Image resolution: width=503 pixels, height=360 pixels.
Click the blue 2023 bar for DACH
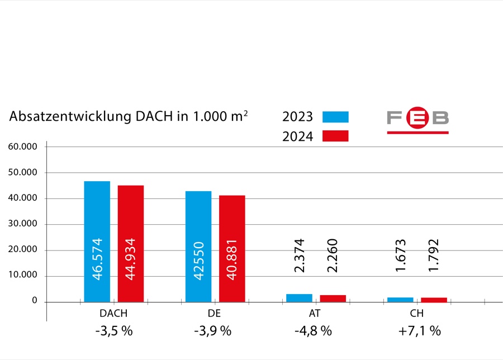coord(97,241)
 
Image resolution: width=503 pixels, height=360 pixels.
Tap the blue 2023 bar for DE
coord(198,247)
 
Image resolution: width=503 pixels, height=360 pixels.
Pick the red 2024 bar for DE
coord(232,249)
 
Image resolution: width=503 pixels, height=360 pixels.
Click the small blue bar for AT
coord(299,298)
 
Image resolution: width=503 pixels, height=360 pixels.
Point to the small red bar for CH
coord(434,300)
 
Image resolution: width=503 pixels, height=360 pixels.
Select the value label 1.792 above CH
coord(434,256)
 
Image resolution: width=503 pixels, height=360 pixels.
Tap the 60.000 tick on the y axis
coord(23,146)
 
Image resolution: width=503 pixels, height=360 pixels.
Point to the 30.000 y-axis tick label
coord(23,224)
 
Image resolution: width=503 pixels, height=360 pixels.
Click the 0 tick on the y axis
coord(34,301)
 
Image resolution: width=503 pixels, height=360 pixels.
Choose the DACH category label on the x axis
coord(113,314)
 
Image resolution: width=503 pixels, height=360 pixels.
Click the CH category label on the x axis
coord(417,314)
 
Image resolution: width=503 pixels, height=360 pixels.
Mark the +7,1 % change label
coord(419,330)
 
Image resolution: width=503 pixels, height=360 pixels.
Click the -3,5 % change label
coord(113,330)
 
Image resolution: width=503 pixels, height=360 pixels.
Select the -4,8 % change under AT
coord(313,330)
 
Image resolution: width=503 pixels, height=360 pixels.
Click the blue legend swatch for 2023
coord(335,117)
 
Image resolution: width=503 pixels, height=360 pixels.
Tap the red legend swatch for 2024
coord(335,136)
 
